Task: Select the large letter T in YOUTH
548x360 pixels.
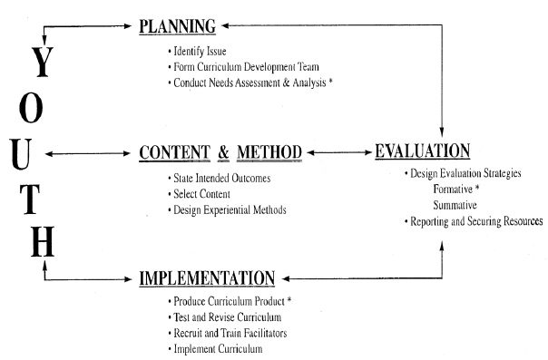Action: click(34, 198)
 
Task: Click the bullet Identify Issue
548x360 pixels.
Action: click(198, 52)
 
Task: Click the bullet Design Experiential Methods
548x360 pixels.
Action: click(226, 210)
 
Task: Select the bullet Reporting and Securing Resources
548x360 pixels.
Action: click(473, 222)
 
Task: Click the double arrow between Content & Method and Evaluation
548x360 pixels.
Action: click(338, 152)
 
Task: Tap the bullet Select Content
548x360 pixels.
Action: click(201, 194)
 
